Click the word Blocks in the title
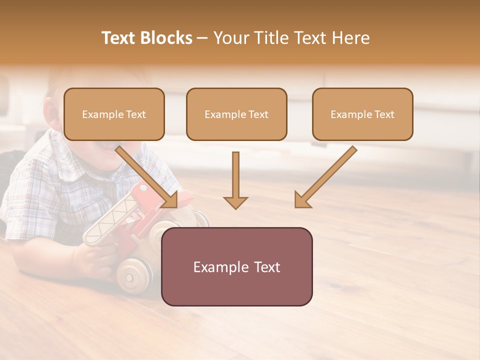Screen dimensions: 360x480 point(166,38)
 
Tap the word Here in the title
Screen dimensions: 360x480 point(350,38)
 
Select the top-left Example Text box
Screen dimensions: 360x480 point(114,114)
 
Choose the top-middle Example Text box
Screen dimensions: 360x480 point(236,114)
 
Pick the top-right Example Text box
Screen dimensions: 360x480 point(362,114)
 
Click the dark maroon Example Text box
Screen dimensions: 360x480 point(236,266)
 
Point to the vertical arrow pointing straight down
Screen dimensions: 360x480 point(235,180)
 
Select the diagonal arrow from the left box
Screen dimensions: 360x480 point(147,177)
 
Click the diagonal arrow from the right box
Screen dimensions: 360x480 point(325,177)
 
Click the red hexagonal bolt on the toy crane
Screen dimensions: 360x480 point(143,188)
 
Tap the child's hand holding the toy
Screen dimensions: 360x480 point(90,257)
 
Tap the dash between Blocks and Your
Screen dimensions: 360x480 point(203,38)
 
